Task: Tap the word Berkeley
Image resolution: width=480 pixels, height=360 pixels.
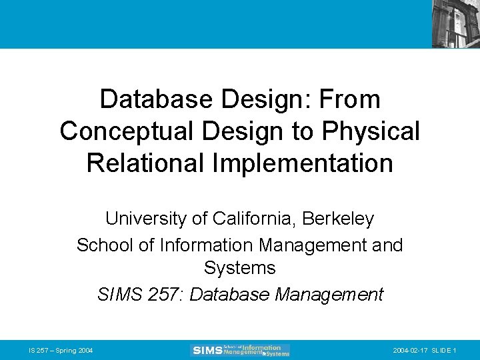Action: pos(341,219)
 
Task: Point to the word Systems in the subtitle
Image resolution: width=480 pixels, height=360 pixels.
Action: pos(240,269)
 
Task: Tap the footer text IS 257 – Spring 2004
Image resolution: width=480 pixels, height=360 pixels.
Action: pos(61,351)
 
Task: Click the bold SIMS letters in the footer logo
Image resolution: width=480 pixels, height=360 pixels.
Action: pos(207,350)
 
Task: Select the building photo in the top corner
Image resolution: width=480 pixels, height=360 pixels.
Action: pos(455,23)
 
